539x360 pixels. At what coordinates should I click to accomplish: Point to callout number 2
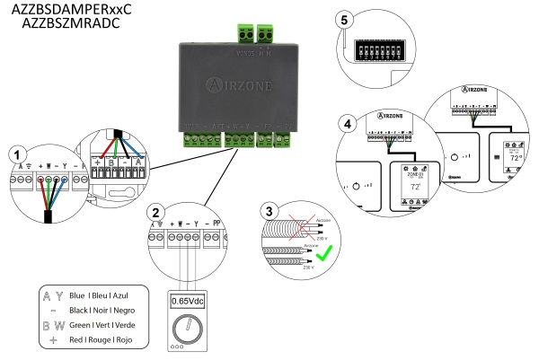tap(156, 214)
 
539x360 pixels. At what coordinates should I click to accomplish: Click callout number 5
tap(349, 19)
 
